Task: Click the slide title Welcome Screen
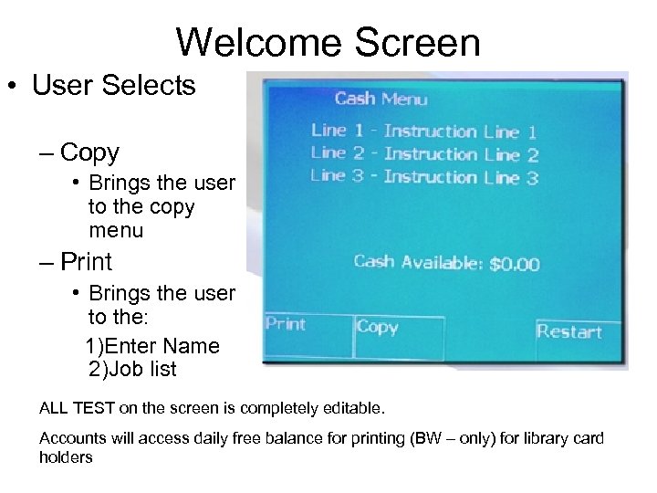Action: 328,43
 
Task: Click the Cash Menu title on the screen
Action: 381,99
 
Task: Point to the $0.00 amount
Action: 514,265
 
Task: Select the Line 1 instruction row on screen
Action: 423,131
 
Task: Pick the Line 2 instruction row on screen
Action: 423,154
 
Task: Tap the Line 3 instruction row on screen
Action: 423,176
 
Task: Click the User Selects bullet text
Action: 113,86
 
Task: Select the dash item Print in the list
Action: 86,262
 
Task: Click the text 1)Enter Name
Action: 152,346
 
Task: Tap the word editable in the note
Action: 359,404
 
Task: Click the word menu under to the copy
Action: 116,230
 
